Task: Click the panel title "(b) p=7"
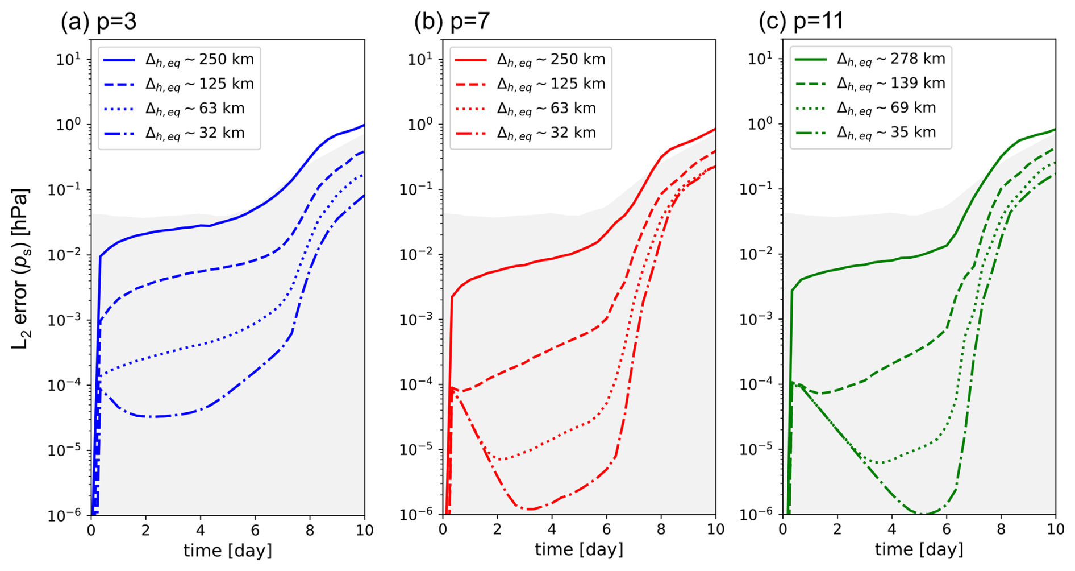[452, 21]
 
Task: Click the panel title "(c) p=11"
[801, 21]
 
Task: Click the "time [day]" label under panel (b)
[579, 550]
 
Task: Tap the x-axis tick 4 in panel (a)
[201, 531]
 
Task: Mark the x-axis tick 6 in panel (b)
[606, 530]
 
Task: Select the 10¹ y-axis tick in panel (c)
[759, 59]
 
